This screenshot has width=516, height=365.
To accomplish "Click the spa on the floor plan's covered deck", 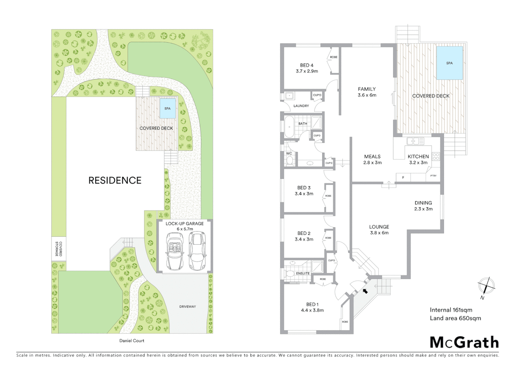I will click(449, 63).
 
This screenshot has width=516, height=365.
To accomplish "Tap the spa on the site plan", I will click(167, 108).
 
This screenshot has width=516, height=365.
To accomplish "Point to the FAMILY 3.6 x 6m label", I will click(367, 92).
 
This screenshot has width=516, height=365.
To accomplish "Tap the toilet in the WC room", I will click(289, 161).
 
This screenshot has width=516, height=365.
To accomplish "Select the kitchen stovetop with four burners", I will click(436, 156).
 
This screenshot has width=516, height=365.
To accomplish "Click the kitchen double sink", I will click(415, 141).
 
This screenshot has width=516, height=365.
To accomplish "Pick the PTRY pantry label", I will click(433, 176).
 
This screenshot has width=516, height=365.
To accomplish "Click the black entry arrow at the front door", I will click(365, 291).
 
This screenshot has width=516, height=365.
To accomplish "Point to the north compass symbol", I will click(486, 286).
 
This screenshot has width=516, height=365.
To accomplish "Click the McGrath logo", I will click(464, 342).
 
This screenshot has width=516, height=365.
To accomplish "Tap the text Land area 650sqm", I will click(455, 318).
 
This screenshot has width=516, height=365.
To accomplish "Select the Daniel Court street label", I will click(132, 341).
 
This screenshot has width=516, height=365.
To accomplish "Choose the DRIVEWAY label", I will click(187, 307).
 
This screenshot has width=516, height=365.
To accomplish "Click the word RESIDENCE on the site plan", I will click(115, 180).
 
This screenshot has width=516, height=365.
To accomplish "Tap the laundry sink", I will click(289, 96).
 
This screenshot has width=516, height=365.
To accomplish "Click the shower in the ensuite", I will click(317, 267).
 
